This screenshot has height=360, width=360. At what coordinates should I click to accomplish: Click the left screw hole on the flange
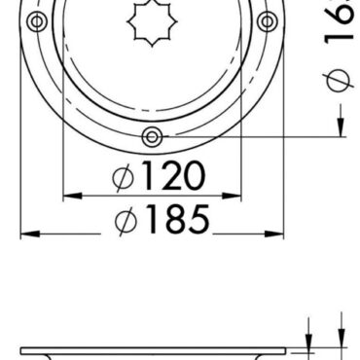[x=37, y=21]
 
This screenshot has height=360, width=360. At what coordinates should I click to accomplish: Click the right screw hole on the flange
[x=265, y=21]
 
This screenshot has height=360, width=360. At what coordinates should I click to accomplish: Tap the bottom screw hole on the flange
[x=151, y=136]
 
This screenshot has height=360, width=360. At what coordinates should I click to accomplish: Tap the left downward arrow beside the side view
[x=308, y=340]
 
